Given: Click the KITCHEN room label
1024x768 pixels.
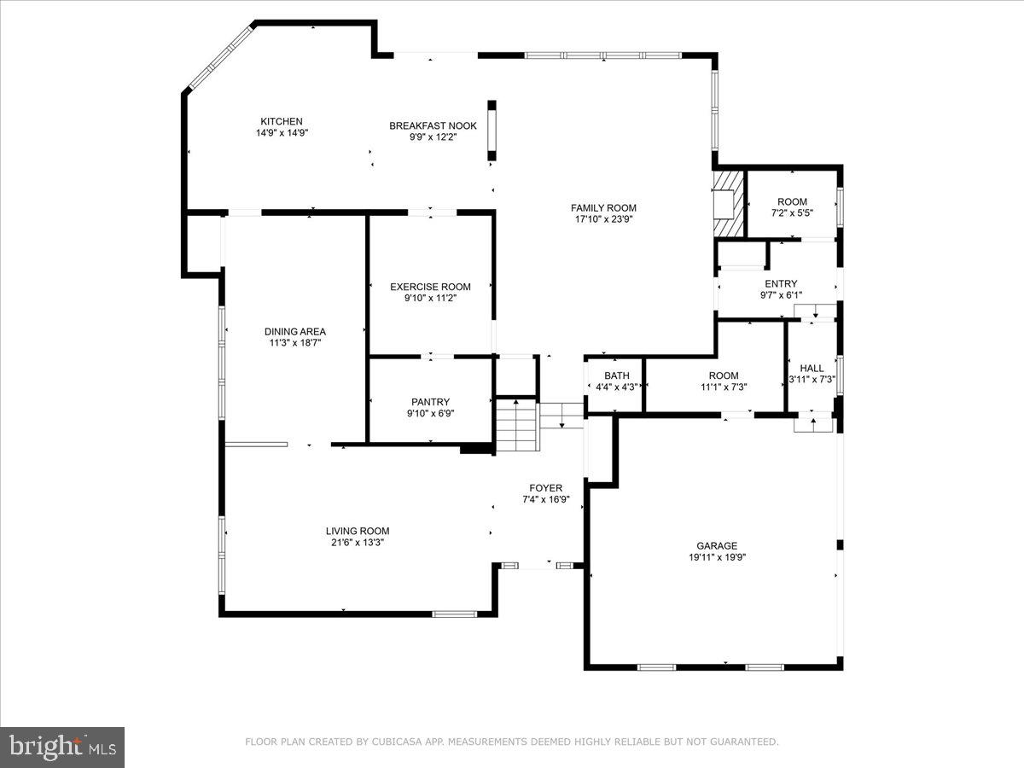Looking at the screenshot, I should tap(282, 121).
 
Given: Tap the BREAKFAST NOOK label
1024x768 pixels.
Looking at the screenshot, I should tap(433, 125).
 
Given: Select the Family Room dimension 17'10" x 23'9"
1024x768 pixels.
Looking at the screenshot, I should tap(603, 218).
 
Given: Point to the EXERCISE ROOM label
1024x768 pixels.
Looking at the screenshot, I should tap(430, 287).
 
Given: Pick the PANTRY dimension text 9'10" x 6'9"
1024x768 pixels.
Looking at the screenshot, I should tap(430, 413).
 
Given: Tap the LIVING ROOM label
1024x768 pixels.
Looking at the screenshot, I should tap(357, 531).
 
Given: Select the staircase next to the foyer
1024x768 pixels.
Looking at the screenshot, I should tap(518, 425).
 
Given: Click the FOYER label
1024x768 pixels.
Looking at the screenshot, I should tap(545, 488).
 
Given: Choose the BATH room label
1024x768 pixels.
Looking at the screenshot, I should tap(616, 375).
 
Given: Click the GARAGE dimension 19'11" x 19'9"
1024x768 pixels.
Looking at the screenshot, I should tap(716, 557).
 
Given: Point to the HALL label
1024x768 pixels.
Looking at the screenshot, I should tap(812, 369).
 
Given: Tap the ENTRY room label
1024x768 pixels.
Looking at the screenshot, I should tap(781, 284).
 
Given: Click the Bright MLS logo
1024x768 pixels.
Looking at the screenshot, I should tap(62, 748).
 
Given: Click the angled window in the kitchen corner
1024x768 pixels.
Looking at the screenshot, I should tap(220, 57).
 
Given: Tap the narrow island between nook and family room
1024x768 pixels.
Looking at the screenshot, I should tap(492, 130).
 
